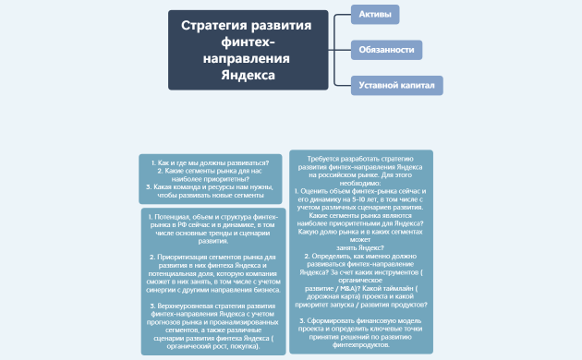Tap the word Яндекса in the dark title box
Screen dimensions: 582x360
point(249,75)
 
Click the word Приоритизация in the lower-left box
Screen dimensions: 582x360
point(185,256)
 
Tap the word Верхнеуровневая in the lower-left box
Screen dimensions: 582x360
point(190,304)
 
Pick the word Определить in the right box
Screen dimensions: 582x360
point(330,255)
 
